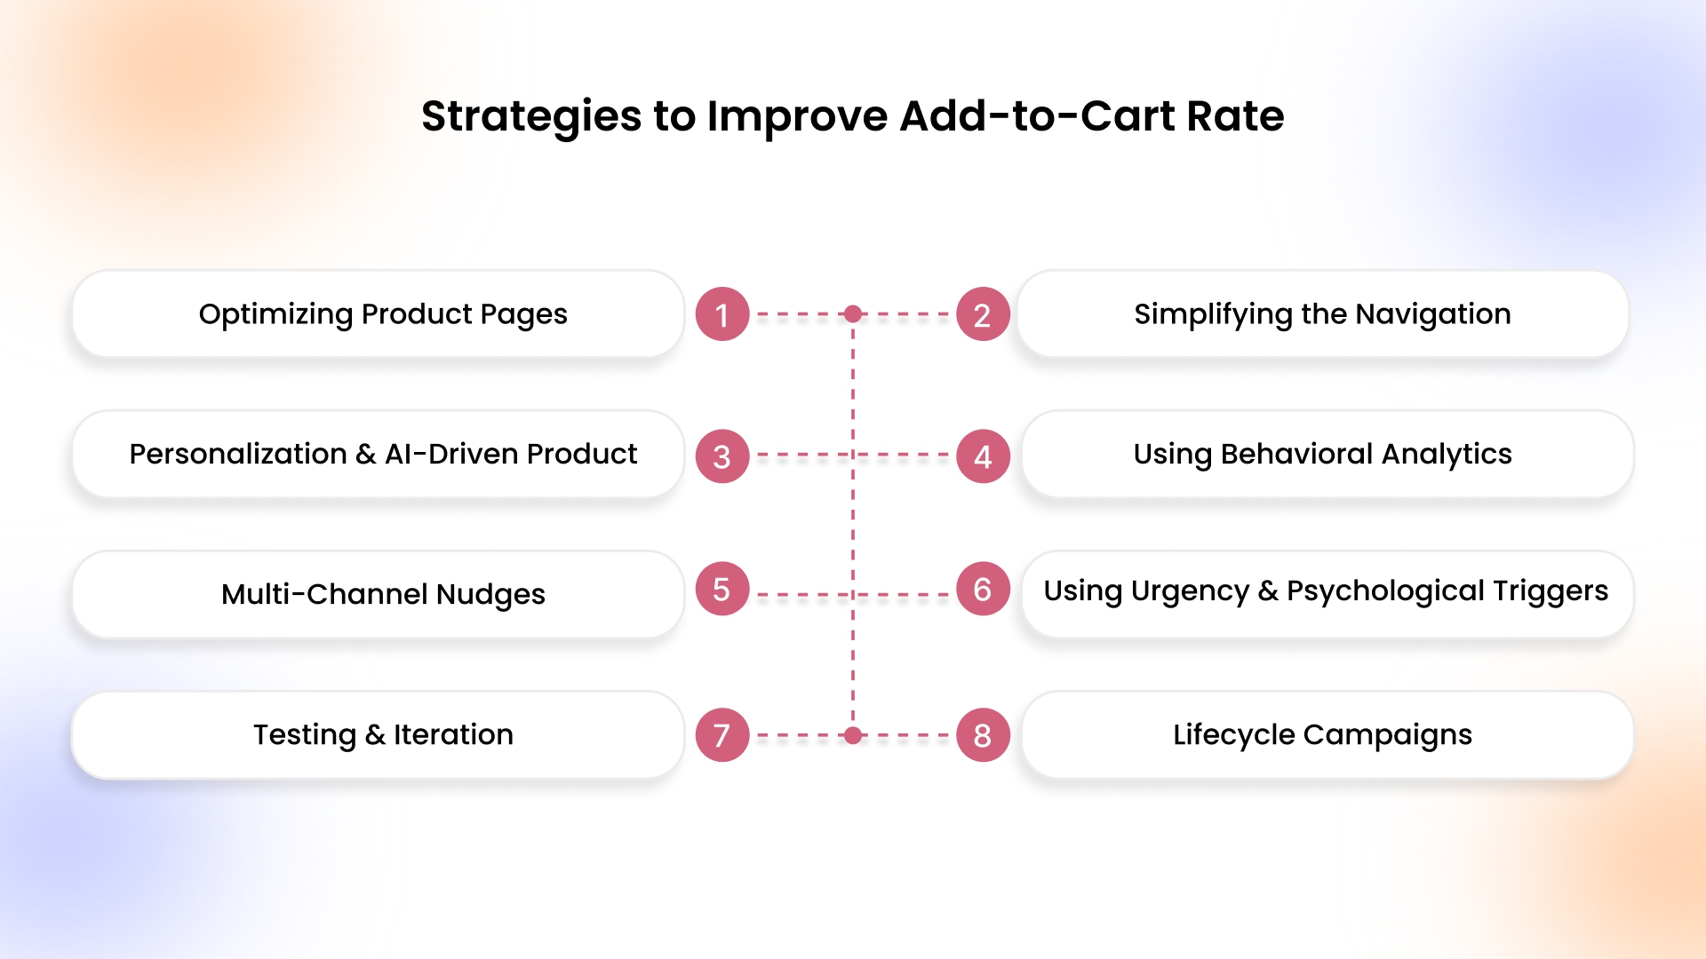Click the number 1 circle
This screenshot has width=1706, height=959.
(722, 314)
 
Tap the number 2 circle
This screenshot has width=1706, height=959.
(983, 314)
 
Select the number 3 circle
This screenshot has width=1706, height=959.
(722, 456)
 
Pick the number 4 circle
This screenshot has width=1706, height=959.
(983, 456)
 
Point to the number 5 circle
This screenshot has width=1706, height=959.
(722, 589)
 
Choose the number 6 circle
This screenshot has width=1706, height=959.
(983, 589)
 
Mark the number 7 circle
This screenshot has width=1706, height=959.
(722, 735)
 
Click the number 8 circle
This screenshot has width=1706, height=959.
(983, 735)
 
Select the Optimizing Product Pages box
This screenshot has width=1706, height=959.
(379, 314)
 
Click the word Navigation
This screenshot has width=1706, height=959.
(1433, 314)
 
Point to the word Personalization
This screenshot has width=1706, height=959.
(238, 454)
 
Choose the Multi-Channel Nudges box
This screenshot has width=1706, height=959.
(379, 594)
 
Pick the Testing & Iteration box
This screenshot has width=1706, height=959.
(379, 735)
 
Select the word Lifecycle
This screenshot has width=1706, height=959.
(1234, 735)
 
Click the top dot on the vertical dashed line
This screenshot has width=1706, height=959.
(853, 313)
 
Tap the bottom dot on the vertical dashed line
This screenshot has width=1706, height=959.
(853, 735)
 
